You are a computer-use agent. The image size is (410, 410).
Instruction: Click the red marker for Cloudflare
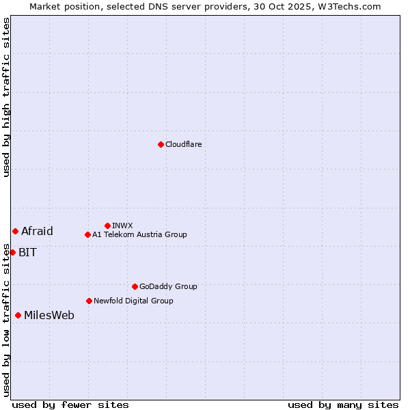(161, 144)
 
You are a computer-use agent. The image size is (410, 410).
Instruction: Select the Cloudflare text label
(184, 144)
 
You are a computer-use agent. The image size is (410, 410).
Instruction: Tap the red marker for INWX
(107, 225)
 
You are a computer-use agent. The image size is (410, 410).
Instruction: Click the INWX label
(122, 225)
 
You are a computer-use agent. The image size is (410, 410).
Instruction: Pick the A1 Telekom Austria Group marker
(87, 234)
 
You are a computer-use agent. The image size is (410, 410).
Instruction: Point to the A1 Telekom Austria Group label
(139, 234)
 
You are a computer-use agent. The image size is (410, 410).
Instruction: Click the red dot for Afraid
(15, 231)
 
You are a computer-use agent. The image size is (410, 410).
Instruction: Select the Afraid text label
(37, 231)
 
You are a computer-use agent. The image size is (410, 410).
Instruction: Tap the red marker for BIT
(12, 252)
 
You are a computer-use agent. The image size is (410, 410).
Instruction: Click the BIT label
(28, 252)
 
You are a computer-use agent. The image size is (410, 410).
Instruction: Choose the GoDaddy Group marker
(135, 286)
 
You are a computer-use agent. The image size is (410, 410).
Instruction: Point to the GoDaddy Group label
(168, 286)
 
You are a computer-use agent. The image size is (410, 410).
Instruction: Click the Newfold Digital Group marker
(89, 301)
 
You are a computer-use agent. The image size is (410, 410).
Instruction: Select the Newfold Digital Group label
(133, 301)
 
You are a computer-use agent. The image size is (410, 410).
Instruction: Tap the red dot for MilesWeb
(18, 315)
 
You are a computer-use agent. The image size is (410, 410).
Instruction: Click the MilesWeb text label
(49, 315)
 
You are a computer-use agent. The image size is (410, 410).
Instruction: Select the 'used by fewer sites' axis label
(70, 405)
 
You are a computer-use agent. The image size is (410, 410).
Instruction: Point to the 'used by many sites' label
(343, 405)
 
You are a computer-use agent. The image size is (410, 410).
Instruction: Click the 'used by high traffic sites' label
(6, 97)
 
